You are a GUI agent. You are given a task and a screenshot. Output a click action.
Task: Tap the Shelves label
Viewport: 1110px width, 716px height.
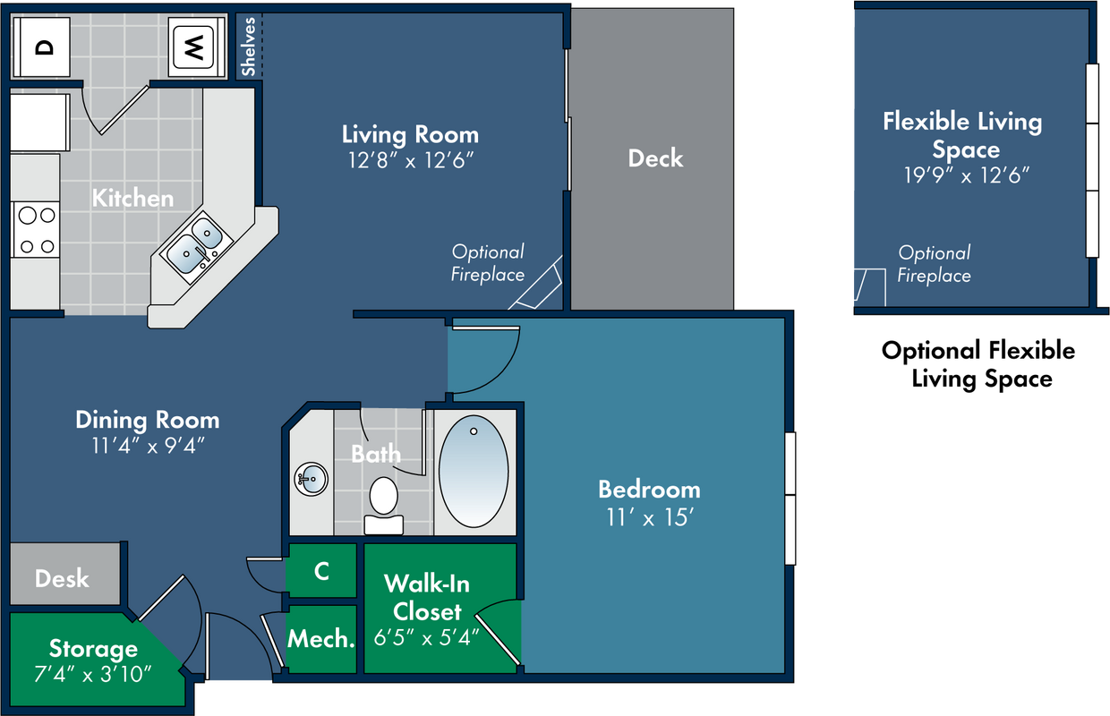(x=248, y=47)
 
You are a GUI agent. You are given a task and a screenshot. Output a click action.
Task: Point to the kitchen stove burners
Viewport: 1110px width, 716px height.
(x=36, y=229)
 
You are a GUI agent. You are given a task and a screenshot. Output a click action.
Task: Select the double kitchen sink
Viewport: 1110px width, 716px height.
(x=197, y=246)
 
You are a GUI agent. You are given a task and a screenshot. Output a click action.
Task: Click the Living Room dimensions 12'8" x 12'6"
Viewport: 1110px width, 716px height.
(x=411, y=160)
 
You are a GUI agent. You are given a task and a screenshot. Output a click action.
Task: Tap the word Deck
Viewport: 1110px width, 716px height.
(x=655, y=158)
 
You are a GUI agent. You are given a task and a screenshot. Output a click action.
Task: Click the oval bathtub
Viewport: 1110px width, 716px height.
(x=474, y=472)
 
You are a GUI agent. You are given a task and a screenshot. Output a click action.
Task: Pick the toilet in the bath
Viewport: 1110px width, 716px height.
(x=383, y=506)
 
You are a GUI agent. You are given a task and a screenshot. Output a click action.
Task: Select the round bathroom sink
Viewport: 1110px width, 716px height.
(x=312, y=479)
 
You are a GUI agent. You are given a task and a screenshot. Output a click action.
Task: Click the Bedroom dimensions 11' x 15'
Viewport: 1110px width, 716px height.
(x=650, y=518)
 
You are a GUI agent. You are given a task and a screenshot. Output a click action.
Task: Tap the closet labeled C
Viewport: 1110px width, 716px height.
(x=321, y=571)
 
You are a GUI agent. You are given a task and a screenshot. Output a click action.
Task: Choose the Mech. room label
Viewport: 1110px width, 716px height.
(x=321, y=639)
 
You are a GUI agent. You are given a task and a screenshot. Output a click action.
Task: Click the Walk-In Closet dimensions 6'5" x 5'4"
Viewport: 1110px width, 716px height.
(x=427, y=638)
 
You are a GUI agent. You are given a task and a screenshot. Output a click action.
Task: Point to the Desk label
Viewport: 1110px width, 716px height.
(x=62, y=578)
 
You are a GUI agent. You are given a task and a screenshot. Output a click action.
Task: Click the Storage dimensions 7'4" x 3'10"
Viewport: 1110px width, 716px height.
(x=93, y=674)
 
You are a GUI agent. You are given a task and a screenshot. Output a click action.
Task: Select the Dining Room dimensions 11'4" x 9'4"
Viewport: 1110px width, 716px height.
(x=149, y=446)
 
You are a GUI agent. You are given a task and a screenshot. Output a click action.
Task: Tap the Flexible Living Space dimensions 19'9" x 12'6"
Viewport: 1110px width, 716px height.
(x=966, y=175)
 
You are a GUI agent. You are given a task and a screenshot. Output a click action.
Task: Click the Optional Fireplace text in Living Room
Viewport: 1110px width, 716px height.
(x=488, y=263)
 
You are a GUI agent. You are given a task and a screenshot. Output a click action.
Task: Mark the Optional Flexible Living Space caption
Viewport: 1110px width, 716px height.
(x=978, y=364)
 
